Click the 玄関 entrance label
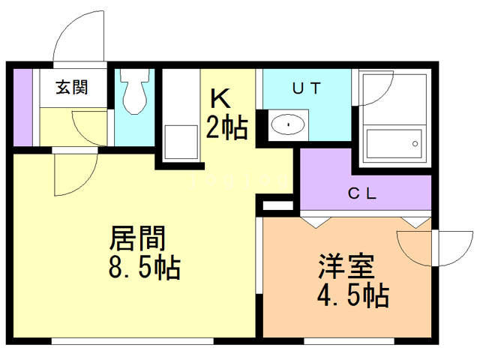71,87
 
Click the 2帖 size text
227,128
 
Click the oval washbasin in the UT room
287,124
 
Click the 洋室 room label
346,267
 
